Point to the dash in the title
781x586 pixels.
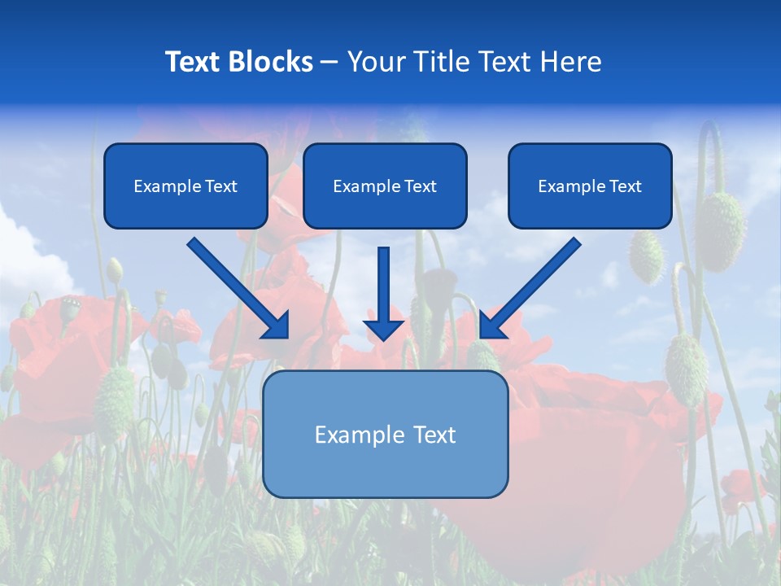click(x=330, y=62)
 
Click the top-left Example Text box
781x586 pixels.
click(x=185, y=186)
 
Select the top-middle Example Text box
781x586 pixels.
click(x=385, y=186)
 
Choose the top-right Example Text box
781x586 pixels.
click(x=590, y=186)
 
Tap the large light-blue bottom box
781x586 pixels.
click(x=385, y=434)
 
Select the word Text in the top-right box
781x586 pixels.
click(x=626, y=186)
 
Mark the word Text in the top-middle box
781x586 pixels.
click(x=421, y=186)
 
